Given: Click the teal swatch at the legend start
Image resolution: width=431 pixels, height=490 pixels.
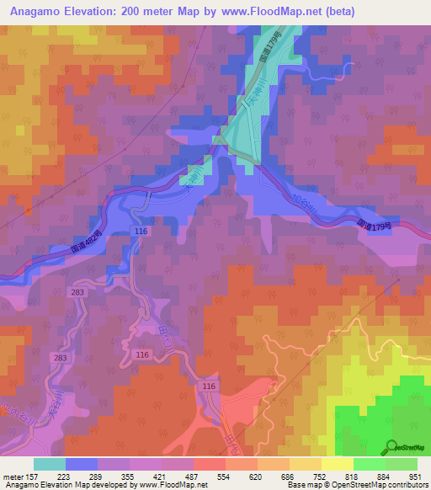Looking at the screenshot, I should (x=49, y=464).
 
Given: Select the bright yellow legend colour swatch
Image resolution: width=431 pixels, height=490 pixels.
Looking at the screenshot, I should (x=337, y=464).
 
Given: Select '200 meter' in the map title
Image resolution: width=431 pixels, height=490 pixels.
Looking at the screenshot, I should (x=132, y=11).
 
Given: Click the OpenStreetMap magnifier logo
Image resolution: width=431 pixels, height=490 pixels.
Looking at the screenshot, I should (x=393, y=446).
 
